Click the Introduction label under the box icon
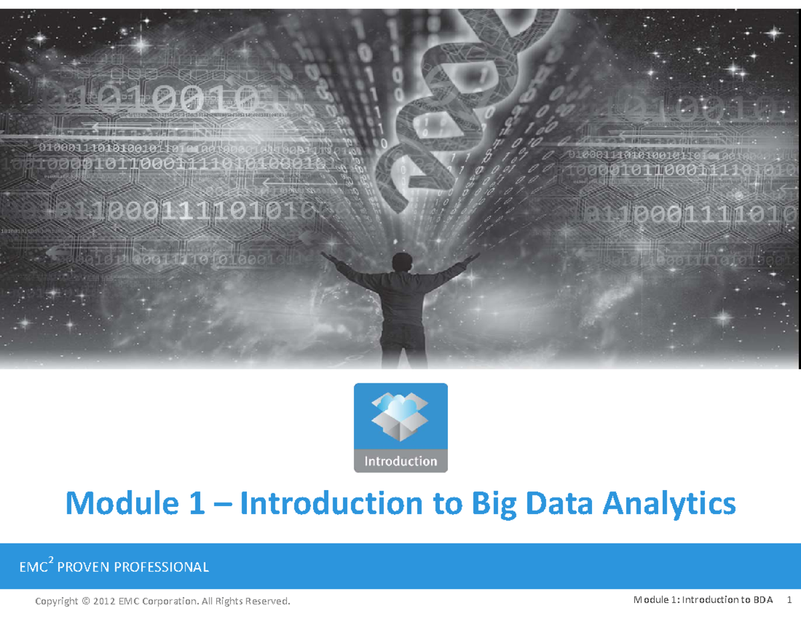click(x=400, y=461)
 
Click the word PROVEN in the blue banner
click(x=83, y=568)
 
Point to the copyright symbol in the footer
click(x=85, y=601)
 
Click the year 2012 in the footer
click(x=104, y=601)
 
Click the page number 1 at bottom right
click(x=788, y=600)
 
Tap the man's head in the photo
click(x=403, y=262)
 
